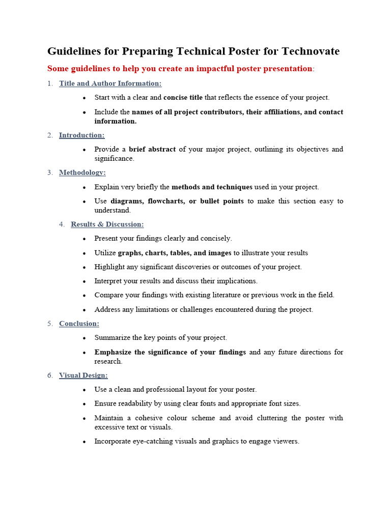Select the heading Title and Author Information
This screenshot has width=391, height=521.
click(x=110, y=83)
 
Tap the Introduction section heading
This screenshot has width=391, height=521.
click(x=81, y=135)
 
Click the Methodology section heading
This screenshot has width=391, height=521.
click(x=82, y=173)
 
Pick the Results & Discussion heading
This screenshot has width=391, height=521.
click(x=107, y=224)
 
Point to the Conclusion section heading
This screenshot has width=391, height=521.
click(x=79, y=324)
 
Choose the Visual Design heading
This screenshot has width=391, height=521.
click(x=83, y=375)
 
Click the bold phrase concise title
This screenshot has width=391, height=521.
click(x=183, y=97)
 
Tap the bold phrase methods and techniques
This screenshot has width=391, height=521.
click(x=212, y=187)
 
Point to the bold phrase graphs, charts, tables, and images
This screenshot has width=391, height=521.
click(x=175, y=253)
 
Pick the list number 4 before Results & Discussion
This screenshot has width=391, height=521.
click(x=61, y=224)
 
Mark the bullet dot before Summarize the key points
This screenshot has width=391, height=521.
click(x=84, y=338)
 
